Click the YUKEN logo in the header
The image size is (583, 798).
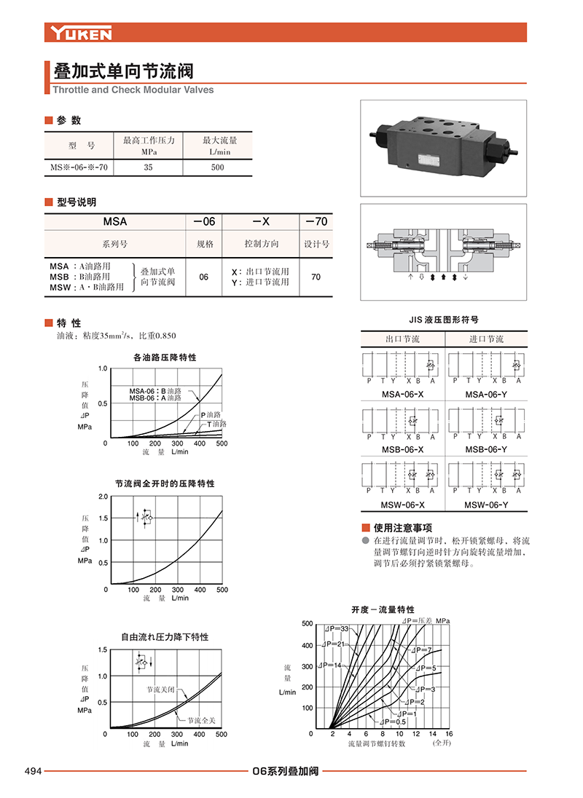[81, 33]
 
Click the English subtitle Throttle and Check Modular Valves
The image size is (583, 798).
[133, 90]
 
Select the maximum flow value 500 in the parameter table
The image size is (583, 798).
[217, 167]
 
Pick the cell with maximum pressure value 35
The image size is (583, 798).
[149, 167]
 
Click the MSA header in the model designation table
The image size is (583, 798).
[115, 221]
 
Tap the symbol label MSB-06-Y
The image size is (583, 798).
[486, 450]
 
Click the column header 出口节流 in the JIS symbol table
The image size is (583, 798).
[402, 339]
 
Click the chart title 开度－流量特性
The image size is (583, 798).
[383, 609]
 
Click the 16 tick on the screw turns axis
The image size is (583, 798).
[449, 734]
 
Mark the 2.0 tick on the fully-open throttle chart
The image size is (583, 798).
[103, 496]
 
